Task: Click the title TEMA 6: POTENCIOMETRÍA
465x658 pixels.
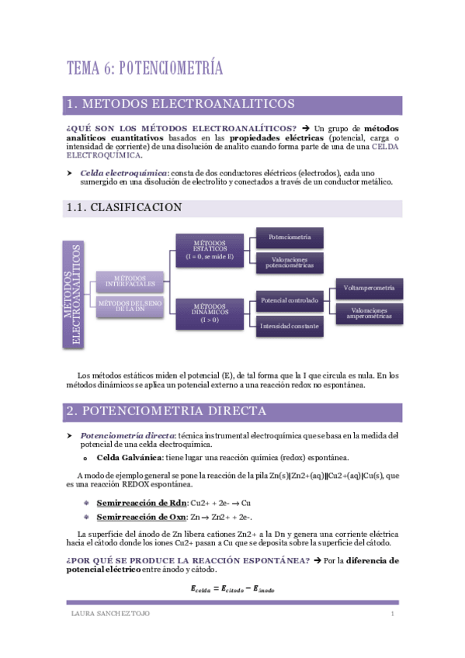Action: coord(145,68)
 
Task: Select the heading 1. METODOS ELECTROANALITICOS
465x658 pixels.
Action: coord(180,104)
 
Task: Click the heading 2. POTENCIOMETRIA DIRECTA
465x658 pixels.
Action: coord(167,410)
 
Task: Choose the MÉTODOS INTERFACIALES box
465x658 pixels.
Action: coord(130,280)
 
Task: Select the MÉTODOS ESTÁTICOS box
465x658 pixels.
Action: coord(209,251)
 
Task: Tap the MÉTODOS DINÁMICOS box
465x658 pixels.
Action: coord(209,313)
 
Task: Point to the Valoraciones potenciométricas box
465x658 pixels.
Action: coord(290,261)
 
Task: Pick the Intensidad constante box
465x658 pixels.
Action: coord(290,326)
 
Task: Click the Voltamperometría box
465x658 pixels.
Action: coord(370,288)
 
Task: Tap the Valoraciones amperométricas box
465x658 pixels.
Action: coord(370,313)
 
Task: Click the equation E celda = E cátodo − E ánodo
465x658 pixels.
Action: coord(232,588)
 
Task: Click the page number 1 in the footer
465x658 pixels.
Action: coord(393,615)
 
